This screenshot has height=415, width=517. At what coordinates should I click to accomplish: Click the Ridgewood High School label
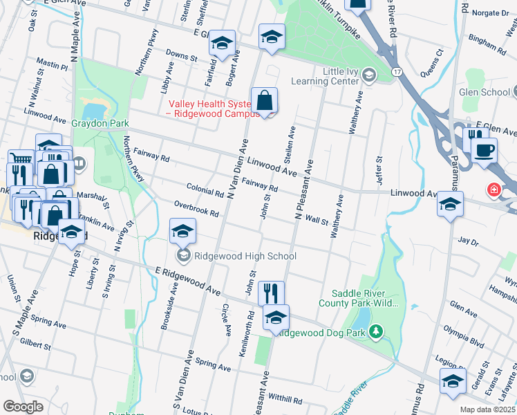pyautogui.click(x=245, y=257)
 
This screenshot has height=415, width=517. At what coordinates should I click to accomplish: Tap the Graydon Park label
pyautogui.click(x=100, y=124)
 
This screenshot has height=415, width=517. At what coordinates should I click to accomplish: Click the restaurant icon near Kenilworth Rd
pyautogui.click(x=272, y=293)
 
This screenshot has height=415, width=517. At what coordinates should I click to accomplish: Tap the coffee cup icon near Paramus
pyautogui.click(x=484, y=150)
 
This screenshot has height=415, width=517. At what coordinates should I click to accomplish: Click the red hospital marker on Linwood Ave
pyautogui.click(x=495, y=189)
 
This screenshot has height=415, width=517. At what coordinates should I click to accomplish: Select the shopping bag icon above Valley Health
pyautogui.click(x=264, y=101)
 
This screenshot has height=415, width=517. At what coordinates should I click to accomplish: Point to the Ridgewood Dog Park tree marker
pyautogui.click(x=375, y=333)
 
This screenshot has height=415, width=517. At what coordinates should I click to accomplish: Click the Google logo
pyautogui.click(x=23, y=407)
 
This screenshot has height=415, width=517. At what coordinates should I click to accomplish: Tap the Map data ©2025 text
pyautogui.click(x=487, y=409)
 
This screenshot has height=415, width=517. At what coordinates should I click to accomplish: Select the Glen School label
pyautogui.click(x=485, y=93)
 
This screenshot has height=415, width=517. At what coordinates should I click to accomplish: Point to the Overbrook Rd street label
pyautogui.click(x=197, y=209)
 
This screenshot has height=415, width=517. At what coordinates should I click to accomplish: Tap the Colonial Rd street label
pyautogui.click(x=205, y=190)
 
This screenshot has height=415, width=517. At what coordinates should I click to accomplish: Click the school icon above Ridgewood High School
pyautogui.click(x=182, y=231)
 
